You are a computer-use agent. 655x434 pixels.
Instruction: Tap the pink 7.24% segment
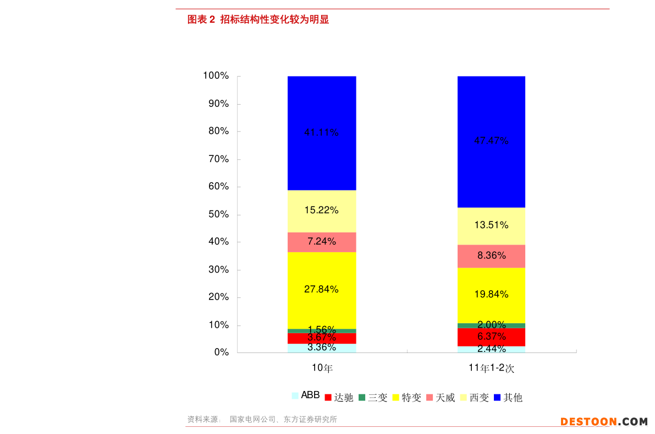(322, 242)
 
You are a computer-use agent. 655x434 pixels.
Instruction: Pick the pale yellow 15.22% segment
(322, 210)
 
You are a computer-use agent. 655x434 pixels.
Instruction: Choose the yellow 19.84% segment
(491, 295)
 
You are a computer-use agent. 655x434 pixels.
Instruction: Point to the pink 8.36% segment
(491, 256)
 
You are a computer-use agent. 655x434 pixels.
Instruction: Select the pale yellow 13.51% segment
(491, 225)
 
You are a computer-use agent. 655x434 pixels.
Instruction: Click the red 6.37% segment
(491, 337)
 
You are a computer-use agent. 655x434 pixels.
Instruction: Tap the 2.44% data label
(491, 349)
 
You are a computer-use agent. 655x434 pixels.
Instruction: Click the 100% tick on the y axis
(216, 75)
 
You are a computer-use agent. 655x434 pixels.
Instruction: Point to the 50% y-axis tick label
(218, 214)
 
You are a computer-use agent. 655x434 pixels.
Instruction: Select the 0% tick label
(221, 352)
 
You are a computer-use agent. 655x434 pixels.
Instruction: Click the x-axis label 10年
(322, 368)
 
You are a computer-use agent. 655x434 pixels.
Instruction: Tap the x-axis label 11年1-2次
(491, 368)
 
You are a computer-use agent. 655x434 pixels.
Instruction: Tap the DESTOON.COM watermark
(604, 421)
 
